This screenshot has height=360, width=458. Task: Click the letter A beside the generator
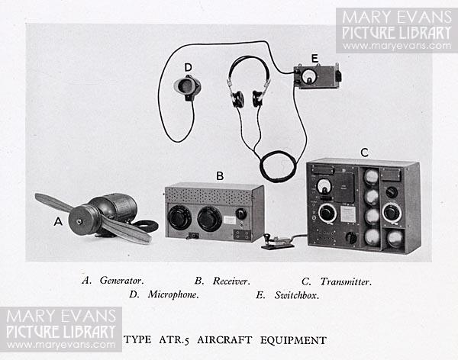click(x=58, y=222)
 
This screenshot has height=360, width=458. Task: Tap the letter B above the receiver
click(x=220, y=175)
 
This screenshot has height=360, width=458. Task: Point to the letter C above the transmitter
click(x=365, y=153)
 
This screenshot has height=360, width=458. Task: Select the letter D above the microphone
click(x=188, y=67)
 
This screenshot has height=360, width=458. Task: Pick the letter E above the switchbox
click(x=314, y=59)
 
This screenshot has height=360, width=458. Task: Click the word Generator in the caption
click(x=121, y=280)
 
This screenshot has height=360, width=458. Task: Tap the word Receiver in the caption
click(x=231, y=281)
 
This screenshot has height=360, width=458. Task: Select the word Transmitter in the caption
click(x=346, y=281)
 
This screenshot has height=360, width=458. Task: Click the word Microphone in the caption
click(x=173, y=294)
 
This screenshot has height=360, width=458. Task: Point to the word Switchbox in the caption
click(x=296, y=295)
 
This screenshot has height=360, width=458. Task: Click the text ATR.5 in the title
click(x=174, y=340)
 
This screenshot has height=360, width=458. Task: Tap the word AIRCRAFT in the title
click(x=224, y=340)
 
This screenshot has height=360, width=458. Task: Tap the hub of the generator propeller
click(x=80, y=220)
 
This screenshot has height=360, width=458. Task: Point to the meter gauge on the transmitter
click(x=324, y=187)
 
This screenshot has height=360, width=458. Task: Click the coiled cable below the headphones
click(x=278, y=166)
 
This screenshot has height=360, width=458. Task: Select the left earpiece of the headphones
click(x=237, y=100)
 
